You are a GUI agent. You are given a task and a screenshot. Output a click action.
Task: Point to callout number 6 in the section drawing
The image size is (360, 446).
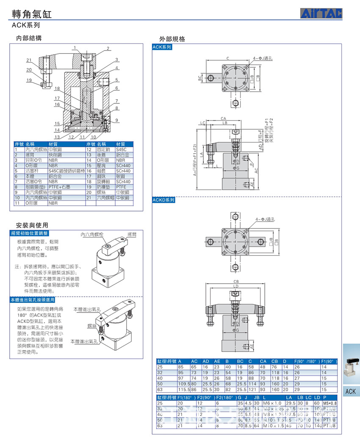116,88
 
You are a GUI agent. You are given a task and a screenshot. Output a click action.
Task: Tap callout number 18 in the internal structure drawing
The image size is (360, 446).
57,89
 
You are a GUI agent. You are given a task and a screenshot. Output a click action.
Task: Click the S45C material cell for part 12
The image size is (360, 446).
121,149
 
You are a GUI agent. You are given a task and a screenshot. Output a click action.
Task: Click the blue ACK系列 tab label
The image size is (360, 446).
162,47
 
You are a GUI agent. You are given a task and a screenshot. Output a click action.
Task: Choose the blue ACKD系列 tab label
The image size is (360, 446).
163,200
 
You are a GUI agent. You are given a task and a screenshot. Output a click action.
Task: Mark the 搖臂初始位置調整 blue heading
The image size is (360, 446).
30,233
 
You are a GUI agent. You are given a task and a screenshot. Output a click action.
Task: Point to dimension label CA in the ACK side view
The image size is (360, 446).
223,119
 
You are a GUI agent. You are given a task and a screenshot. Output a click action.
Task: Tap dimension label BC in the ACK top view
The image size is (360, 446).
199,78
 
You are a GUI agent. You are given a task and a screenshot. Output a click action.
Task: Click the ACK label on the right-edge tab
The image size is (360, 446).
351,391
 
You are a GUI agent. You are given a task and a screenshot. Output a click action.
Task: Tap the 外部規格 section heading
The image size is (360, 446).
172,39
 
